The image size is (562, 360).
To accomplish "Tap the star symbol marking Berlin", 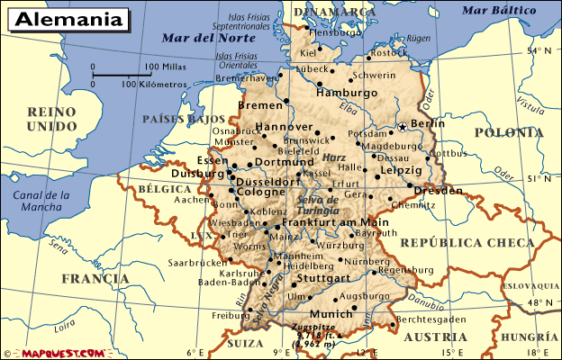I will click(402, 127).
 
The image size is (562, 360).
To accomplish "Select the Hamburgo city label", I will click(346, 93).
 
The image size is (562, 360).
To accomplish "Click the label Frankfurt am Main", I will click(335, 222).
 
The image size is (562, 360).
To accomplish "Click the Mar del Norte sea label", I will click(196, 38).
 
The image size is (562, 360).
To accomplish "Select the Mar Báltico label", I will click(492, 11).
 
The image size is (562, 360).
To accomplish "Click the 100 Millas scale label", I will click(165, 67).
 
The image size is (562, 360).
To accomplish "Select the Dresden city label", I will click(440, 191).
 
